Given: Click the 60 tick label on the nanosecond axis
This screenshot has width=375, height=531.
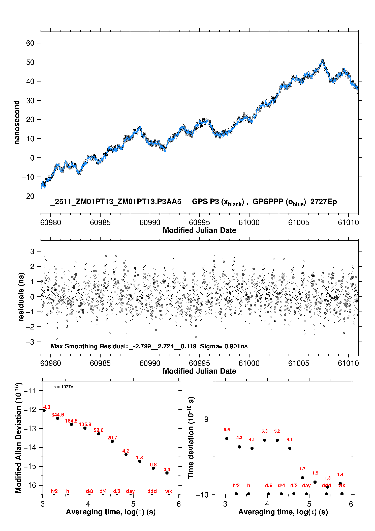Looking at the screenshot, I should click(x=30, y=43).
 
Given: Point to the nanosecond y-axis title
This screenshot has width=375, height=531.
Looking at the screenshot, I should click(x=17, y=122).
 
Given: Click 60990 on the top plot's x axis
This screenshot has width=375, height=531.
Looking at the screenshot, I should click(x=150, y=222).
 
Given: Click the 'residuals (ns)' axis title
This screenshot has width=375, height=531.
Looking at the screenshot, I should click(x=21, y=297).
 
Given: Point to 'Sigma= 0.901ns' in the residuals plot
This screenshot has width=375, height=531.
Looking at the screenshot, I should click(x=224, y=346).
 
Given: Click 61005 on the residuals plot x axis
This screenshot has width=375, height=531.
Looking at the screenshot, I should click(x=298, y=363).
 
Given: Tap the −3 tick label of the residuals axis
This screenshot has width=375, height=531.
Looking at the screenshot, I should click(x=30, y=342).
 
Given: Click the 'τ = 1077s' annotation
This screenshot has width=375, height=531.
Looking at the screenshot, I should click(x=64, y=387).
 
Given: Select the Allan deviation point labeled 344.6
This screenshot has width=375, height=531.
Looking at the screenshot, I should click(x=58, y=418).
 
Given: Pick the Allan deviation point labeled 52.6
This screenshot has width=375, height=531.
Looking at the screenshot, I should click(x=99, y=434).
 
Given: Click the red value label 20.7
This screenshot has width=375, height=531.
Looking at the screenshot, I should click(x=112, y=438).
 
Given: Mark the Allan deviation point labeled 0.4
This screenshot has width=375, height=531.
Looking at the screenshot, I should click(x=167, y=473).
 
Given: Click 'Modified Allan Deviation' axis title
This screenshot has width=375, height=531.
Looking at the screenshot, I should click(x=18, y=438).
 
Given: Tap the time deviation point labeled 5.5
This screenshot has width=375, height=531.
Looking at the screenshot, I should click(x=227, y=439).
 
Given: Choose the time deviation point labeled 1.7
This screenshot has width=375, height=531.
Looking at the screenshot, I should click(x=302, y=478).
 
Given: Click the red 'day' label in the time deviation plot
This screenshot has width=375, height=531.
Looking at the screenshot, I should click(x=306, y=485).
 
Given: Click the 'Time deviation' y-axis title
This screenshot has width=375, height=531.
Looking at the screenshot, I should click(x=191, y=438).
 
